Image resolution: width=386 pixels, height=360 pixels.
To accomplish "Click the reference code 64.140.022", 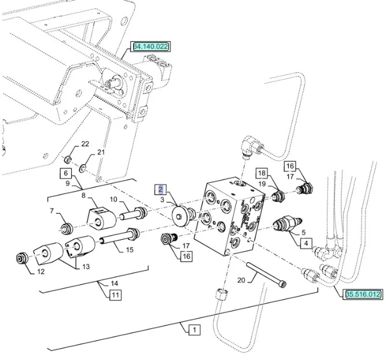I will [x=150, y=46].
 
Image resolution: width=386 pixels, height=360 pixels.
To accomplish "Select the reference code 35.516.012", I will [x=363, y=294].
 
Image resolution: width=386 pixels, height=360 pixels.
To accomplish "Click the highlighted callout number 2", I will [x=161, y=189].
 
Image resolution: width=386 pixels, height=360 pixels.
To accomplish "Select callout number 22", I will [x=85, y=144].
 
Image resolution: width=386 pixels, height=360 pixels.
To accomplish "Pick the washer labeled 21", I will [x=84, y=168].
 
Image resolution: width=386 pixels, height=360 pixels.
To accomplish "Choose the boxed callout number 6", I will [x=66, y=172].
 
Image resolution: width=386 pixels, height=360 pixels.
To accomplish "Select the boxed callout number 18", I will [x=262, y=173].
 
